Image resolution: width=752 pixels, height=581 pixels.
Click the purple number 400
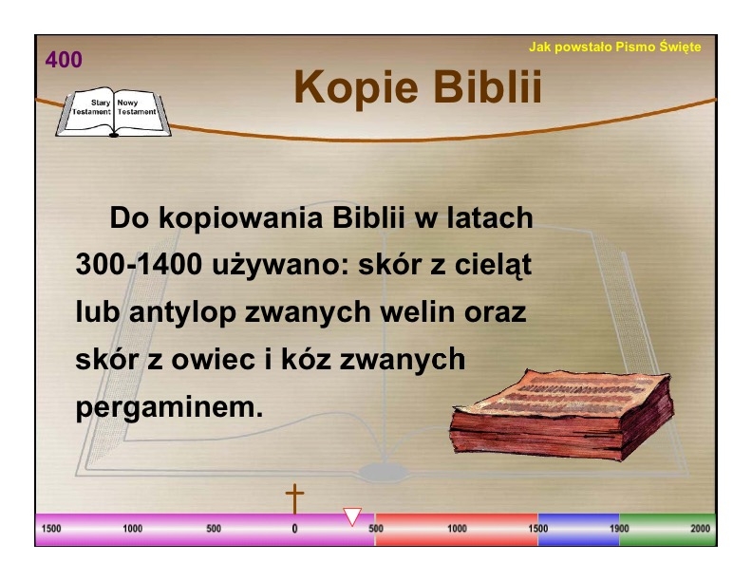point(64,60)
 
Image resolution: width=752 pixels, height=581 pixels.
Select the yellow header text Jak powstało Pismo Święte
point(615,47)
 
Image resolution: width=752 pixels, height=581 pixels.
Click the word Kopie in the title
point(355,86)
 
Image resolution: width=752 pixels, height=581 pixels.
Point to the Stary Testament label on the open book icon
point(91,107)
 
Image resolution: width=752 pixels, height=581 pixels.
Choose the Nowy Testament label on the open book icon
point(136,107)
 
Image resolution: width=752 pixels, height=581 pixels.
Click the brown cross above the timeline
point(294,498)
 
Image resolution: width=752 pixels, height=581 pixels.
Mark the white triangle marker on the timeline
point(352,516)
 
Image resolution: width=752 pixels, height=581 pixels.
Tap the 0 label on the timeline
point(294,529)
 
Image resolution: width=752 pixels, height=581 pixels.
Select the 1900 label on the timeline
point(619,529)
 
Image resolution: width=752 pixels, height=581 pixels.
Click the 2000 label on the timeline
point(700,529)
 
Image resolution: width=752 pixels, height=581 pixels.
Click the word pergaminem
point(169,408)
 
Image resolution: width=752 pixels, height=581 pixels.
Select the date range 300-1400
point(139,264)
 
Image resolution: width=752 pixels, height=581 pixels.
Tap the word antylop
point(182,313)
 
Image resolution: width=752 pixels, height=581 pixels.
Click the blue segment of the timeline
point(578,529)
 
